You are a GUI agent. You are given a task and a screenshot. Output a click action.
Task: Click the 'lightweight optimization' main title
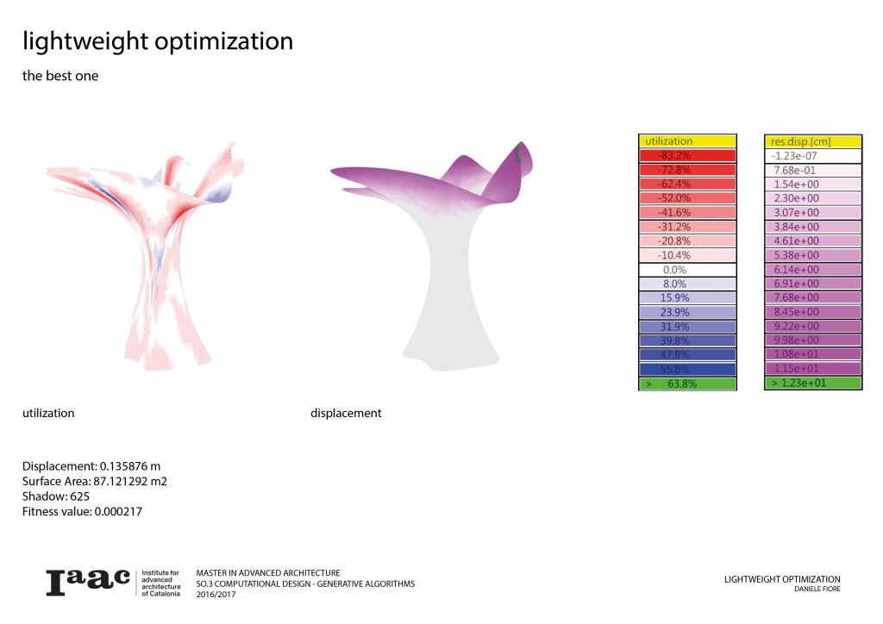pos(158,41)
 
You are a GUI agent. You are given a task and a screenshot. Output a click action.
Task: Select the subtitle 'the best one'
pos(60,76)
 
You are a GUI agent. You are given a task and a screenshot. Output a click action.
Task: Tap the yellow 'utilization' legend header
pos(686,140)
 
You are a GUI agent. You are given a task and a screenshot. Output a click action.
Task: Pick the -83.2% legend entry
pos(686,156)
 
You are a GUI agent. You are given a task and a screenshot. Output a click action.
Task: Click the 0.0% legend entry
pos(686,270)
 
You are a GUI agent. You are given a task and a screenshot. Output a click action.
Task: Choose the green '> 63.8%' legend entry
pos(686,384)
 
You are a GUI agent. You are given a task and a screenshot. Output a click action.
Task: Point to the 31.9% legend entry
pos(686,327)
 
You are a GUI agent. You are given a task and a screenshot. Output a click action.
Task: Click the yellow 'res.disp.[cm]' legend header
pos(812,140)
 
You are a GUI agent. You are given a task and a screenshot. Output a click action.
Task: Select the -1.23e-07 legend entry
pos(812,156)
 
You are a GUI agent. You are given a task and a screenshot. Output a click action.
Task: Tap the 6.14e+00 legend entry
pos(812,270)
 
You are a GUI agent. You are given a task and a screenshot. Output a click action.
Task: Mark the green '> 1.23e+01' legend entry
pos(812,383)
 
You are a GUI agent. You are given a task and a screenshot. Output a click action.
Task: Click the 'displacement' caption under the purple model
pos(346,414)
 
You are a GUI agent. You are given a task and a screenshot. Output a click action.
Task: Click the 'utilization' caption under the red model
pos(48,414)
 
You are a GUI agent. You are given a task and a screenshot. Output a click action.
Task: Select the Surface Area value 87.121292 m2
pos(128,482)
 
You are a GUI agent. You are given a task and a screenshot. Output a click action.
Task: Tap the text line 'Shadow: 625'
pos(56,497)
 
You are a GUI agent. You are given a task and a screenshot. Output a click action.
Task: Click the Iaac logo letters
pos(88,582)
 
